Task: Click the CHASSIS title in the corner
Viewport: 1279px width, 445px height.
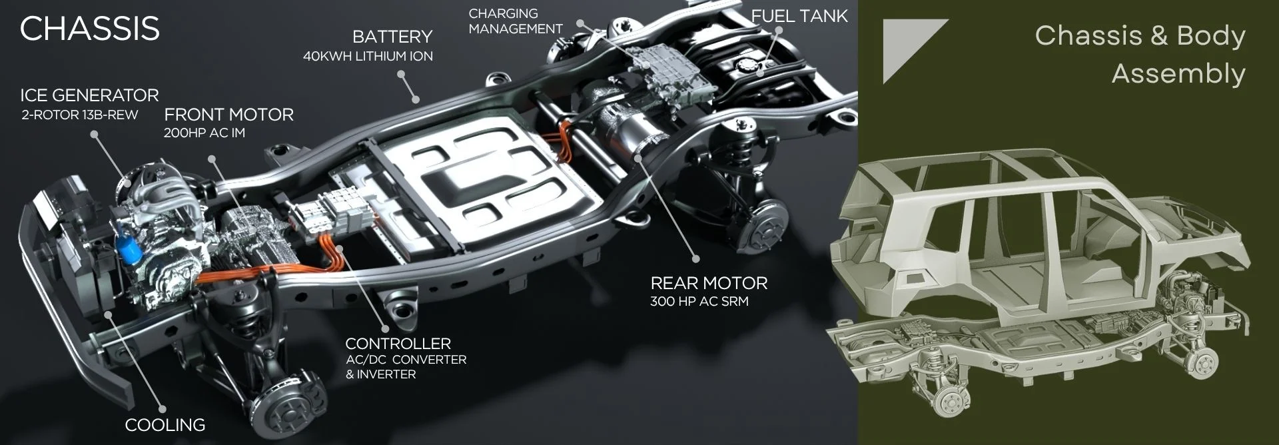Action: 90,29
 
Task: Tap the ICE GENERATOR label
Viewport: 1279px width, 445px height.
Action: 89,95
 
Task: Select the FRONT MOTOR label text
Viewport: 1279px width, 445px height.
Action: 228,115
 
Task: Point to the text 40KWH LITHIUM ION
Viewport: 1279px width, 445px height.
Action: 368,57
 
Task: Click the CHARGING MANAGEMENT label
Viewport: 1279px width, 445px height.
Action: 516,21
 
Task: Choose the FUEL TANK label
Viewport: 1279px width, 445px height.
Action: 799,16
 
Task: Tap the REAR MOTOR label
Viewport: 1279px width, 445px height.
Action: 709,283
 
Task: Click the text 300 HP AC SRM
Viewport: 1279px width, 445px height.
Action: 699,301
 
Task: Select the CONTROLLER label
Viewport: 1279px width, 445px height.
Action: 398,344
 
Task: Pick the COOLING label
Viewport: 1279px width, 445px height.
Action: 165,425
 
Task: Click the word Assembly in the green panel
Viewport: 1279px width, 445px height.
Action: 1178,74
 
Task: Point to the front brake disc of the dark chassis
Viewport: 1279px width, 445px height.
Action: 284,408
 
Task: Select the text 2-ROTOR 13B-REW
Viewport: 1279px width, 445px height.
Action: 80,115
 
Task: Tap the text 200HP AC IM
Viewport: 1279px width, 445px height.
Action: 205,133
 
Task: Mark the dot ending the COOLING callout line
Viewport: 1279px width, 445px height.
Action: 161,410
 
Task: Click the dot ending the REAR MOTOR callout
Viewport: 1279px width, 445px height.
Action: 696,258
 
